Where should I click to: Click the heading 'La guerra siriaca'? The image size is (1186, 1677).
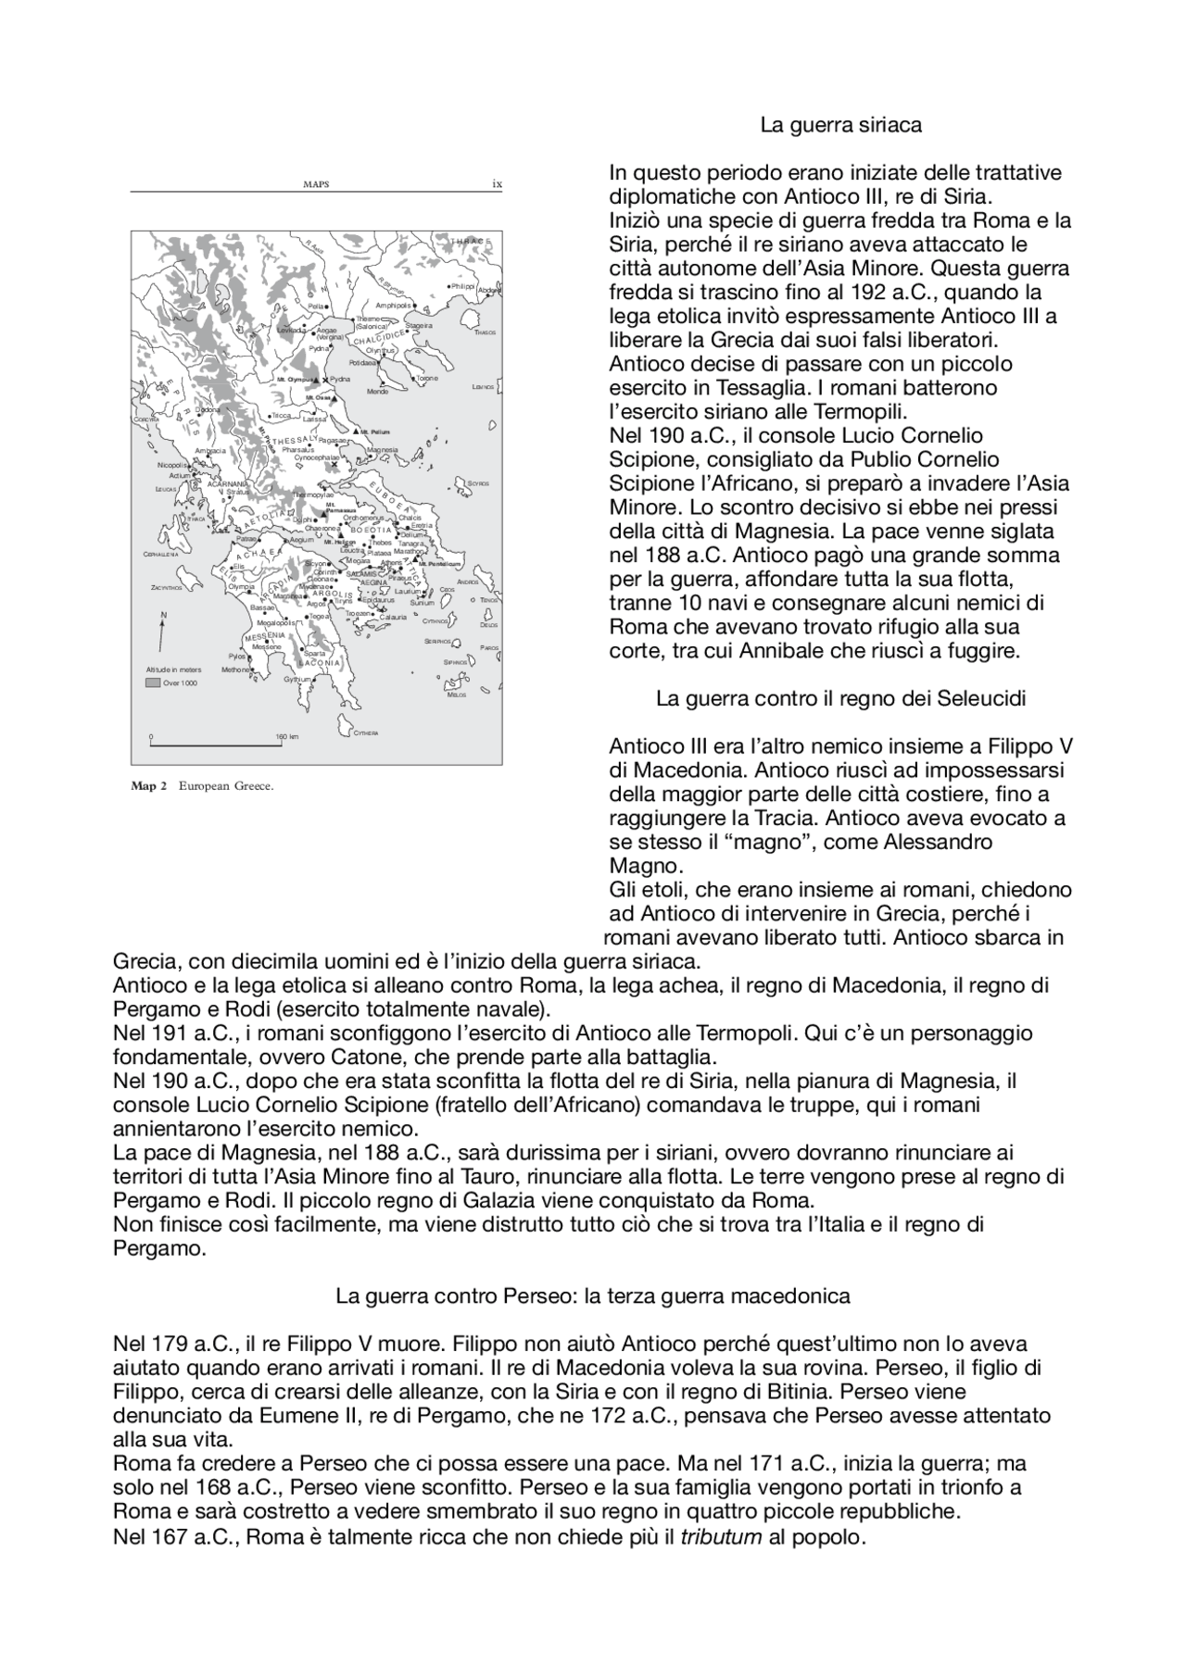(840, 125)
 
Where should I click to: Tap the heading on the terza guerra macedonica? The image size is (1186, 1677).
(593, 1295)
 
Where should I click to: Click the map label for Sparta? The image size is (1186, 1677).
(314, 653)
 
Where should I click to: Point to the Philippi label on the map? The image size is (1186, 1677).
(462, 287)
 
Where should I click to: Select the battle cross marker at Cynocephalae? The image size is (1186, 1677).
(334, 465)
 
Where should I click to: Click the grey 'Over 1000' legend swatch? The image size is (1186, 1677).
(153, 682)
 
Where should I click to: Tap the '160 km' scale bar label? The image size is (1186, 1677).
(286, 737)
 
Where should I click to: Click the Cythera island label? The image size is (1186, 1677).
(365, 733)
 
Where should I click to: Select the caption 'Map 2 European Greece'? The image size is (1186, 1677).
(203, 786)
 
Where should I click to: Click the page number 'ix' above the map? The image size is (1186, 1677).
(497, 184)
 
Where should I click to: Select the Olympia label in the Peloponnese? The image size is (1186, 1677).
(241, 587)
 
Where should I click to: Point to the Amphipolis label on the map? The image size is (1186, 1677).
(393, 305)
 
